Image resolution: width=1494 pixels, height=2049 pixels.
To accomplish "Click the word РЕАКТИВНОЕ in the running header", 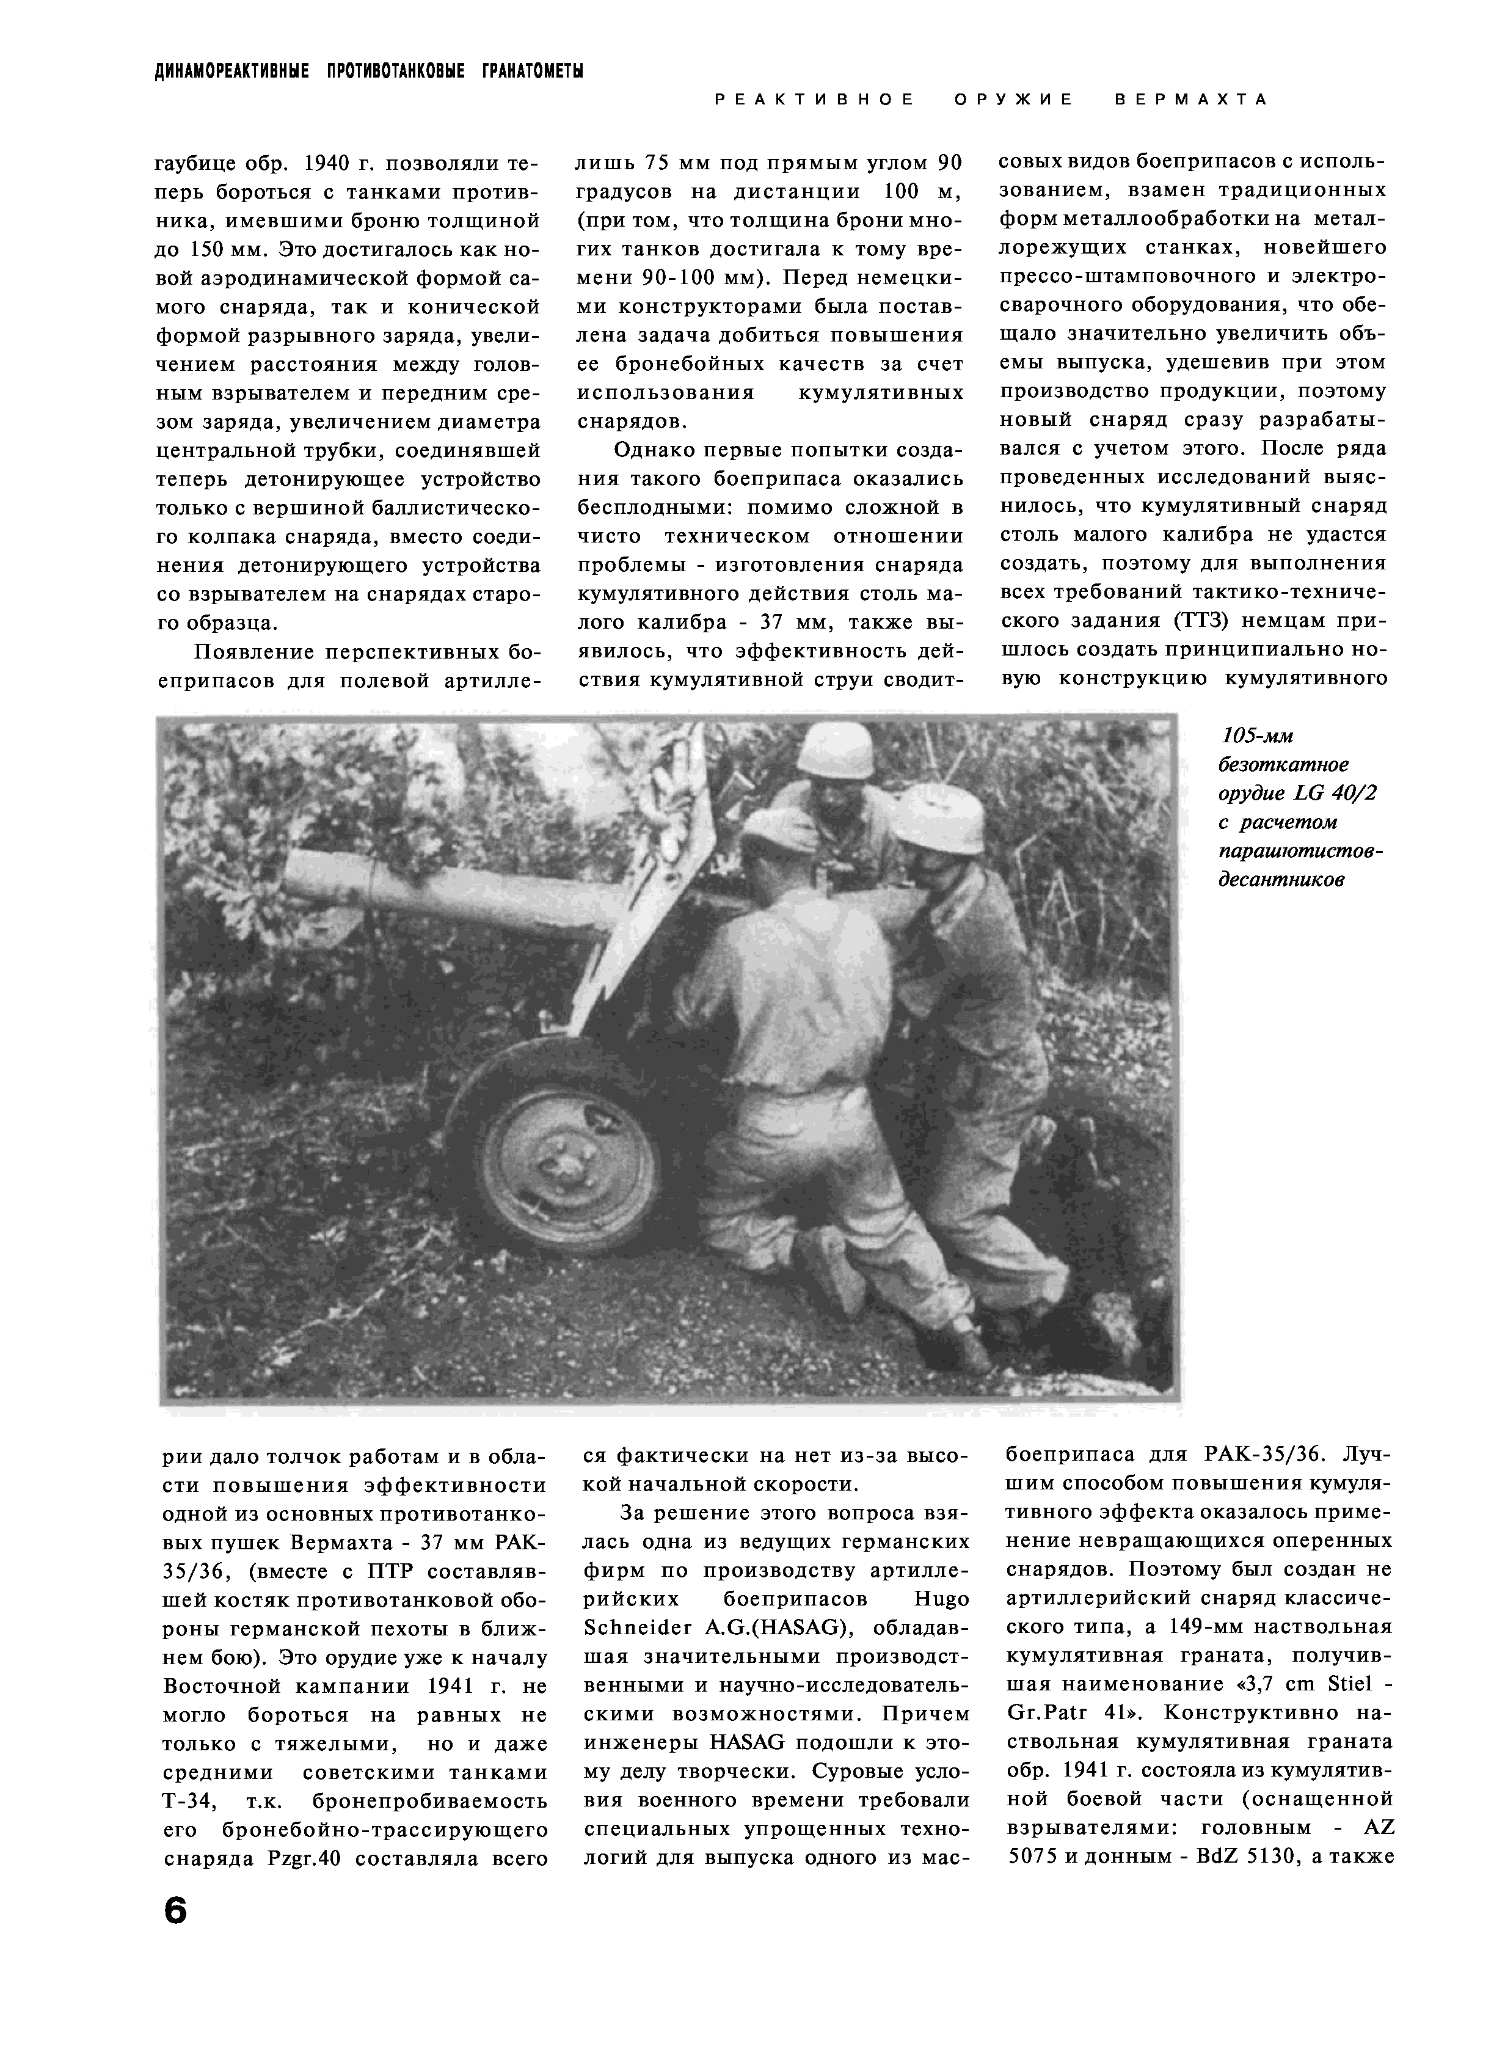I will (x=814, y=100).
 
